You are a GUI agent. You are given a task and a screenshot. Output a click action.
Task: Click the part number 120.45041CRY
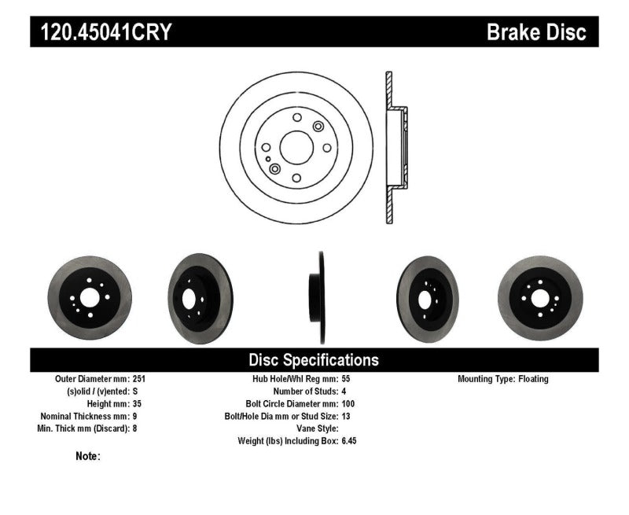102,32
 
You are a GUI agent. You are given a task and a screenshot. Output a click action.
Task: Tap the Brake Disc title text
536,32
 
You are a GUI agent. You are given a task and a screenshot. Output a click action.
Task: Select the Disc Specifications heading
314,360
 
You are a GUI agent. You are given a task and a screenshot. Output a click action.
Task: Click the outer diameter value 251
139,379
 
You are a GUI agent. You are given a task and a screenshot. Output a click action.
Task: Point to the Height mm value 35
137,403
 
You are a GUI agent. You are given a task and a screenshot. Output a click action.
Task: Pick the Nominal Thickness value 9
134,416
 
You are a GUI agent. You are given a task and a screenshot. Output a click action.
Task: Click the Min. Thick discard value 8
134,429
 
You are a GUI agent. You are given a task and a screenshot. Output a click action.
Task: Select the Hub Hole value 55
347,379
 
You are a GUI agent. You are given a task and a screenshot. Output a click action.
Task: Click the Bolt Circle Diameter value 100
349,403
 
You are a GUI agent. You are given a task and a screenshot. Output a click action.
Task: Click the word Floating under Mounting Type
533,379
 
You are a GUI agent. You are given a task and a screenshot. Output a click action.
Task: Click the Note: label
88,455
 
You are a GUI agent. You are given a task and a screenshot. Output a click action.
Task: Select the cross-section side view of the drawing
394,147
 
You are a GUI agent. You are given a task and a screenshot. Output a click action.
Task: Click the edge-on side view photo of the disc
321,298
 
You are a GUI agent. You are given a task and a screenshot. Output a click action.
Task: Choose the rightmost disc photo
539,298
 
